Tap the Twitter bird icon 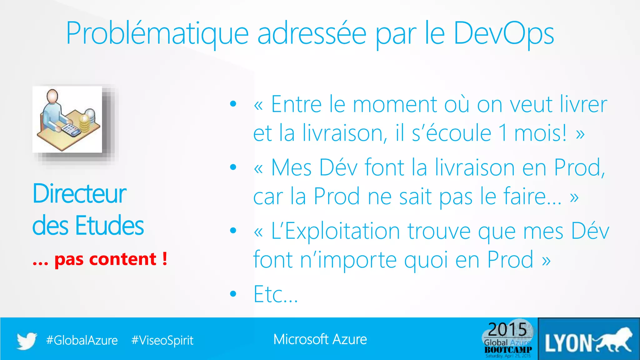27,341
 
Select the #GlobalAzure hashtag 82,340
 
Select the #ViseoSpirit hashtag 162,340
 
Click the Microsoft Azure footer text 320,339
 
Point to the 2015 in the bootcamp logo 507,329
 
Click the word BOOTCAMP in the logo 508,350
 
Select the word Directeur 79,194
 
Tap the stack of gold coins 85,124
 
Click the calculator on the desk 71,129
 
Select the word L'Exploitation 335,231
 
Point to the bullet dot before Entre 233,104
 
